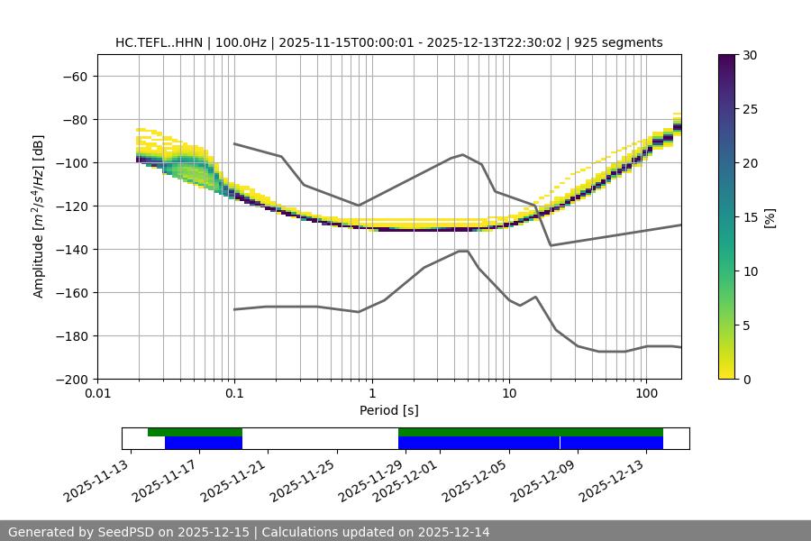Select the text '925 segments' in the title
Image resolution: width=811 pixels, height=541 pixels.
pyautogui.click(x=621, y=42)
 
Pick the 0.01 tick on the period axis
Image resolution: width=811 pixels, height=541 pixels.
pyautogui.click(x=97, y=394)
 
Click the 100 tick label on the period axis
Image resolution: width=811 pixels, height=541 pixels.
pyautogui.click(x=646, y=394)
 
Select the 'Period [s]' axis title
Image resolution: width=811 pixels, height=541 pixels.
pyautogui.click(x=388, y=410)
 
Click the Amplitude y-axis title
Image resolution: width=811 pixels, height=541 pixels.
pyautogui.click(x=39, y=216)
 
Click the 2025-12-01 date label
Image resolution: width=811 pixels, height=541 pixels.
pyautogui.click(x=407, y=480)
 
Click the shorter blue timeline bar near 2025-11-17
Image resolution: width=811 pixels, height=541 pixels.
pyautogui.click(x=204, y=443)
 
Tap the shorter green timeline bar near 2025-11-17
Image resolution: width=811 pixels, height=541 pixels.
pyautogui.click(x=195, y=432)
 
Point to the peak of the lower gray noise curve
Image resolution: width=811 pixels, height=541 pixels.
pyautogui.click(x=463, y=251)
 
